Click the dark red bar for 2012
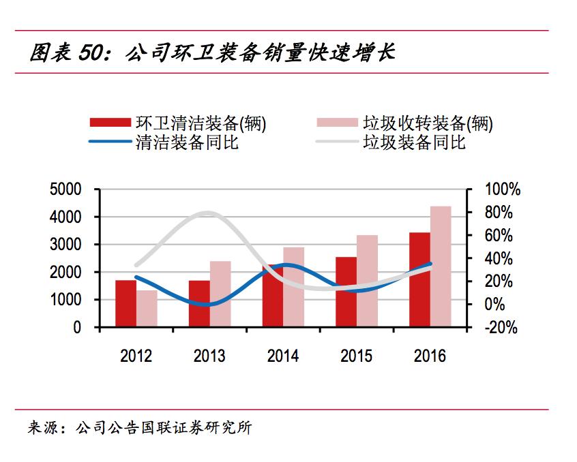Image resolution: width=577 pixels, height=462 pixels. [125, 304]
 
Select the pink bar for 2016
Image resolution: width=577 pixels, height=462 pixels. [441, 267]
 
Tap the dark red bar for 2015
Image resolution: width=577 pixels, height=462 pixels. [346, 292]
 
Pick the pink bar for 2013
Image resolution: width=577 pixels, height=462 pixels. [220, 294]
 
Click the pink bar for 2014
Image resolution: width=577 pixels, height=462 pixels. [293, 288]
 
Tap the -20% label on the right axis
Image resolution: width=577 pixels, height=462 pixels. [501, 328]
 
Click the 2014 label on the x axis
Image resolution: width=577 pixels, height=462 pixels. [283, 356]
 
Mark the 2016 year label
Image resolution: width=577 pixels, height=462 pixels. [430, 356]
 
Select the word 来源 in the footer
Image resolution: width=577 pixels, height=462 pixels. [42, 429]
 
